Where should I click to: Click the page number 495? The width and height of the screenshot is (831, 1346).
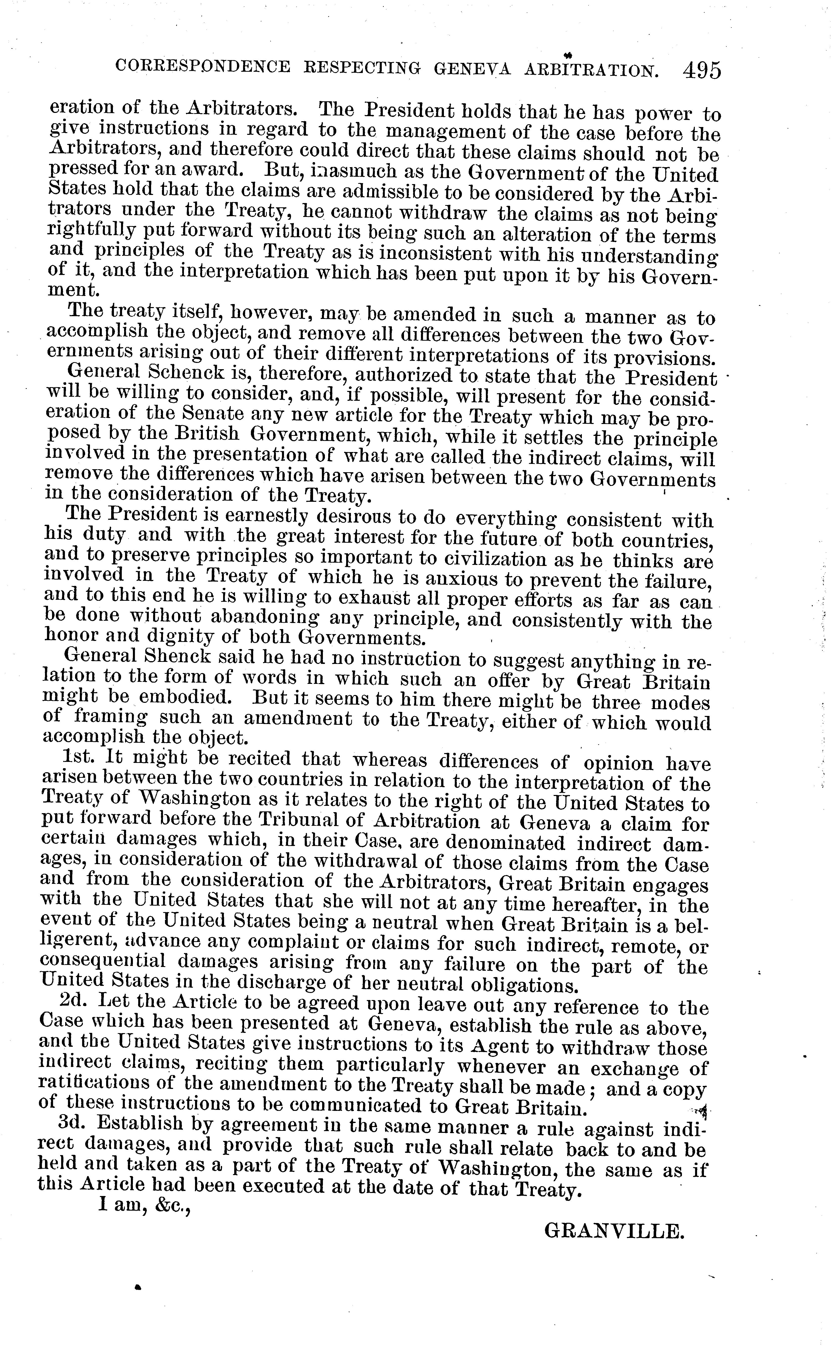(701, 70)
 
